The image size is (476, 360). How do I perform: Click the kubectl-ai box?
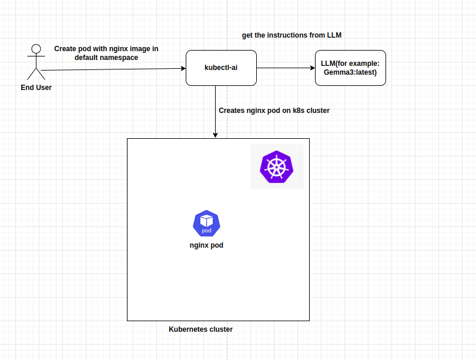coord(221,68)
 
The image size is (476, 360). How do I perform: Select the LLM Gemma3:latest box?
coord(350,68)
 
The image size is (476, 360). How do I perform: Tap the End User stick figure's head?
coord(36,49)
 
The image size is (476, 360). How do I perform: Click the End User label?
coord(36,88)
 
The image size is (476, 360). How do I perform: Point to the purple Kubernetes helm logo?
coord(276,166)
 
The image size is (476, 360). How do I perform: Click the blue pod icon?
coord(206,223)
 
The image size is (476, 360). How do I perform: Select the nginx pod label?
coord(206,245)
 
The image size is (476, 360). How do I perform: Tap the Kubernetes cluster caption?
coord(200,329)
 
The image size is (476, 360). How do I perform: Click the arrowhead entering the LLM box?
coord(312,68)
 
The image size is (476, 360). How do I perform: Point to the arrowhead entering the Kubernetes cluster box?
coord(216,135)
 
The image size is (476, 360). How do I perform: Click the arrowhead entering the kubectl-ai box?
coord(183,68)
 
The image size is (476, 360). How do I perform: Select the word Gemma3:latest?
coord(350,72)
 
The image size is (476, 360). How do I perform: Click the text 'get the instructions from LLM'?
coord(291,35)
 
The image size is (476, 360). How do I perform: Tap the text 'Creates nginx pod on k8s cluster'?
coord(274,110)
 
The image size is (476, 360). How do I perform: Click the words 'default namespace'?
coord(106,58)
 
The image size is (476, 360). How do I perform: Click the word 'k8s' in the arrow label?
coord(299,110)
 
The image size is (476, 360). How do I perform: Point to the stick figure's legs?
coord(36,74)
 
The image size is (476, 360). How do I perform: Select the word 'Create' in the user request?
coord(65,49)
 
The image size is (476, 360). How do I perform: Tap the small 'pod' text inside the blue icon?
coord(206,231)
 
